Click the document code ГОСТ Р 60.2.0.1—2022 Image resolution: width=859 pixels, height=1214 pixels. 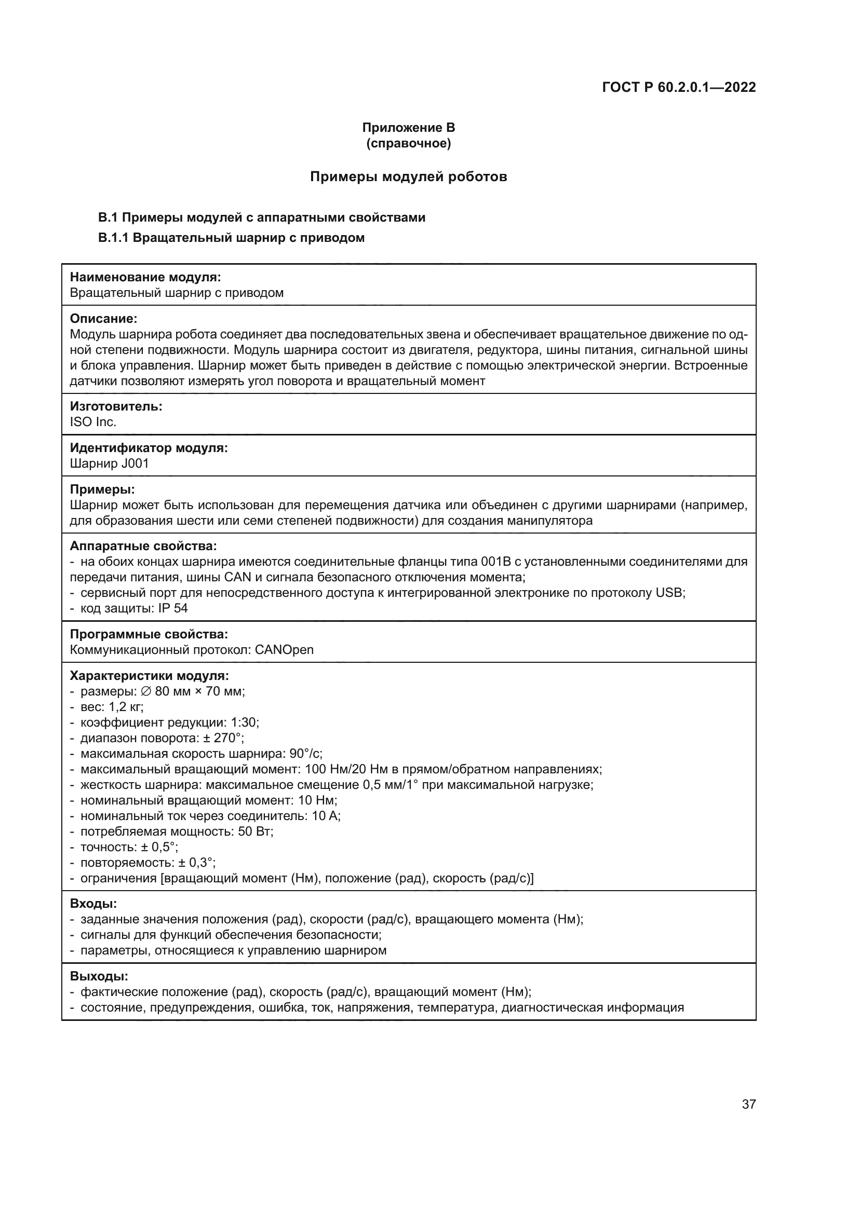pos(679,87)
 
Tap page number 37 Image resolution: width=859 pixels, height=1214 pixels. pos(748,1104)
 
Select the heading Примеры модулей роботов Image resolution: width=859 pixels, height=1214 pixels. pos(408,176)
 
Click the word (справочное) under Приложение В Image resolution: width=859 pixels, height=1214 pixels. pos(408,143)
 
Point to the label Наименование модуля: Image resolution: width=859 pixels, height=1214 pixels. pos(145,277)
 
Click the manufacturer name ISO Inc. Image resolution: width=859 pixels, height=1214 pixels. pos(93,422)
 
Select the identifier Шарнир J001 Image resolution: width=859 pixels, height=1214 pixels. pos(110,463)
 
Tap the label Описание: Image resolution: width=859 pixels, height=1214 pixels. pos(104,319)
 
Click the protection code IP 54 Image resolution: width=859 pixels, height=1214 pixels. pos(173,608)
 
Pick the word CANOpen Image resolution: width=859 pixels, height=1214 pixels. pos(284,650)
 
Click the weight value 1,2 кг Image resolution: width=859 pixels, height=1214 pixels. pos(126,707)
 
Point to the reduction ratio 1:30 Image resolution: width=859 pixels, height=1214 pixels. pos(245,722)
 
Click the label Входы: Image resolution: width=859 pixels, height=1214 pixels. pos(93,904)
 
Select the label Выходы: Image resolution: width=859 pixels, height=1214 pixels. pos(99,976)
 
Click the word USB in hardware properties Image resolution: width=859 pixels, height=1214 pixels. pos(669,593)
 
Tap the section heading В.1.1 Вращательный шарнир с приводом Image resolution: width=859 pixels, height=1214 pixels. pos(231,238)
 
